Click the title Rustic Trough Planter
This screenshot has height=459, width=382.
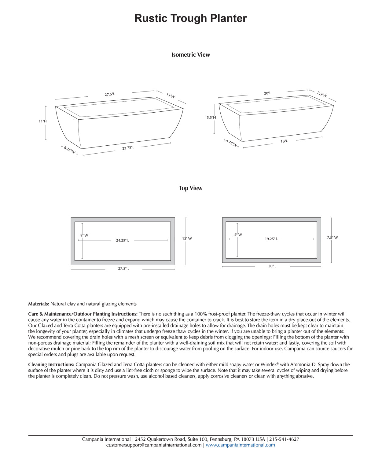click(x=190, y=18)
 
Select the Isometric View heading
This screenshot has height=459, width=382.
click(x=190, y=55)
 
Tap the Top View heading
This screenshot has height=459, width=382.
click(x=190, y=188)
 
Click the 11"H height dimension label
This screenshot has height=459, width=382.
click(x=42, y=121)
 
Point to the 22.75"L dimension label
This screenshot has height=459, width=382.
click(x=128, y=148)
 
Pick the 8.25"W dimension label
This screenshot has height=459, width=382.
click(x=69, y=150)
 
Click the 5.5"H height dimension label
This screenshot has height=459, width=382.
click(x=211, y=118)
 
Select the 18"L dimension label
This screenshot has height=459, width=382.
click(x=284, y=141)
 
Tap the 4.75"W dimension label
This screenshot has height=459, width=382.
click(x=231, y=143)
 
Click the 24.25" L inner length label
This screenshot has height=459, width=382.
click(x=123, y=241)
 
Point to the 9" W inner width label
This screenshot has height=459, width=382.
click(x=84, y=235)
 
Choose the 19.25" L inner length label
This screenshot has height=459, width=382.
click(x=271, y=239)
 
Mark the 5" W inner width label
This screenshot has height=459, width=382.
click(x=238, y=235)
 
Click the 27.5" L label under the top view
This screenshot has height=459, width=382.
click(x=124, y=269)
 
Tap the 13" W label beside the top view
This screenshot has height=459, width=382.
click(x=187, y=239)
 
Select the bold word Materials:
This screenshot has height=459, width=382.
click(x=39, y=304)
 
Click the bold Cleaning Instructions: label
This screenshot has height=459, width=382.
click(x=51, y=364)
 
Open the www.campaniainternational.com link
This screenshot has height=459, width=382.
click(x=240, y=445)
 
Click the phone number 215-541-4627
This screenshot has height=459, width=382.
click(x=284, y=439)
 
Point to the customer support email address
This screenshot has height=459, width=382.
click(x=154, y=445)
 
